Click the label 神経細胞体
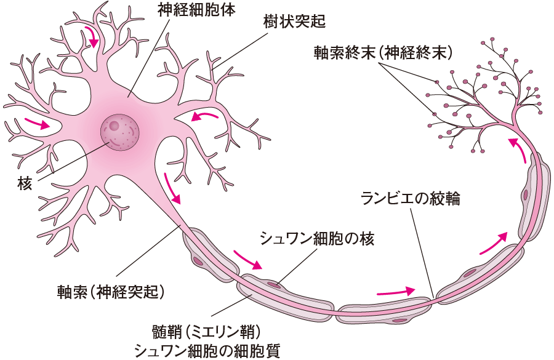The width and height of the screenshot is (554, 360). (187, 11)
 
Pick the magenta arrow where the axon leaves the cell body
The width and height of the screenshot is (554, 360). (173, 188)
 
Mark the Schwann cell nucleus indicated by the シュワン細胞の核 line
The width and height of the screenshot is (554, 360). (272, 284)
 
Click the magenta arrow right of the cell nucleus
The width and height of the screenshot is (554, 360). (204, 115)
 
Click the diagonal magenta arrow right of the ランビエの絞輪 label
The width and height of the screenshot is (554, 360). (494, 244)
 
